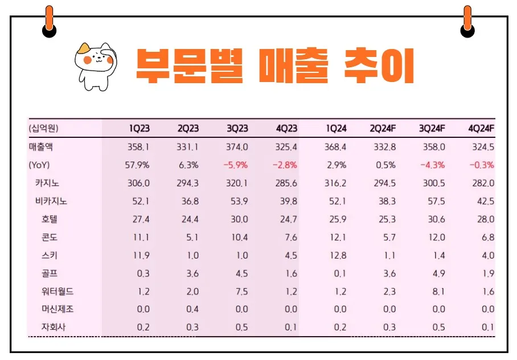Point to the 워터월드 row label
[58, 291]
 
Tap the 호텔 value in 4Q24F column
[485, 219]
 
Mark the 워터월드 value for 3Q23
[241, 291]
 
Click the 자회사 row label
[54, 328]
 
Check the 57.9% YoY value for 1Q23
[137, 165]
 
